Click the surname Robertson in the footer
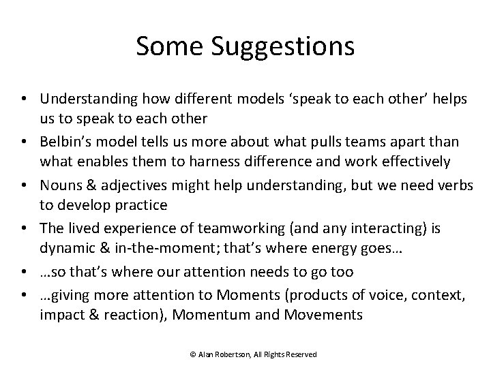pos(233,354)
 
